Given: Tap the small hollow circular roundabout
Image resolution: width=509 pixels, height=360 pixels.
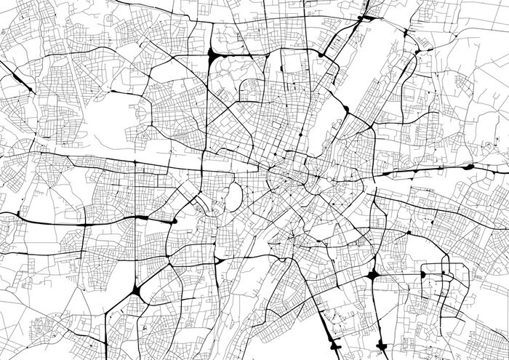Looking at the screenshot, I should (329, 178).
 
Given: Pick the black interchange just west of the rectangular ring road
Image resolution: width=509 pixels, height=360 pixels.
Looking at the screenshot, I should (373, 276).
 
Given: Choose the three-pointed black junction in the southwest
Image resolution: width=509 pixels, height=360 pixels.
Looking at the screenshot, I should (137, 294).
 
